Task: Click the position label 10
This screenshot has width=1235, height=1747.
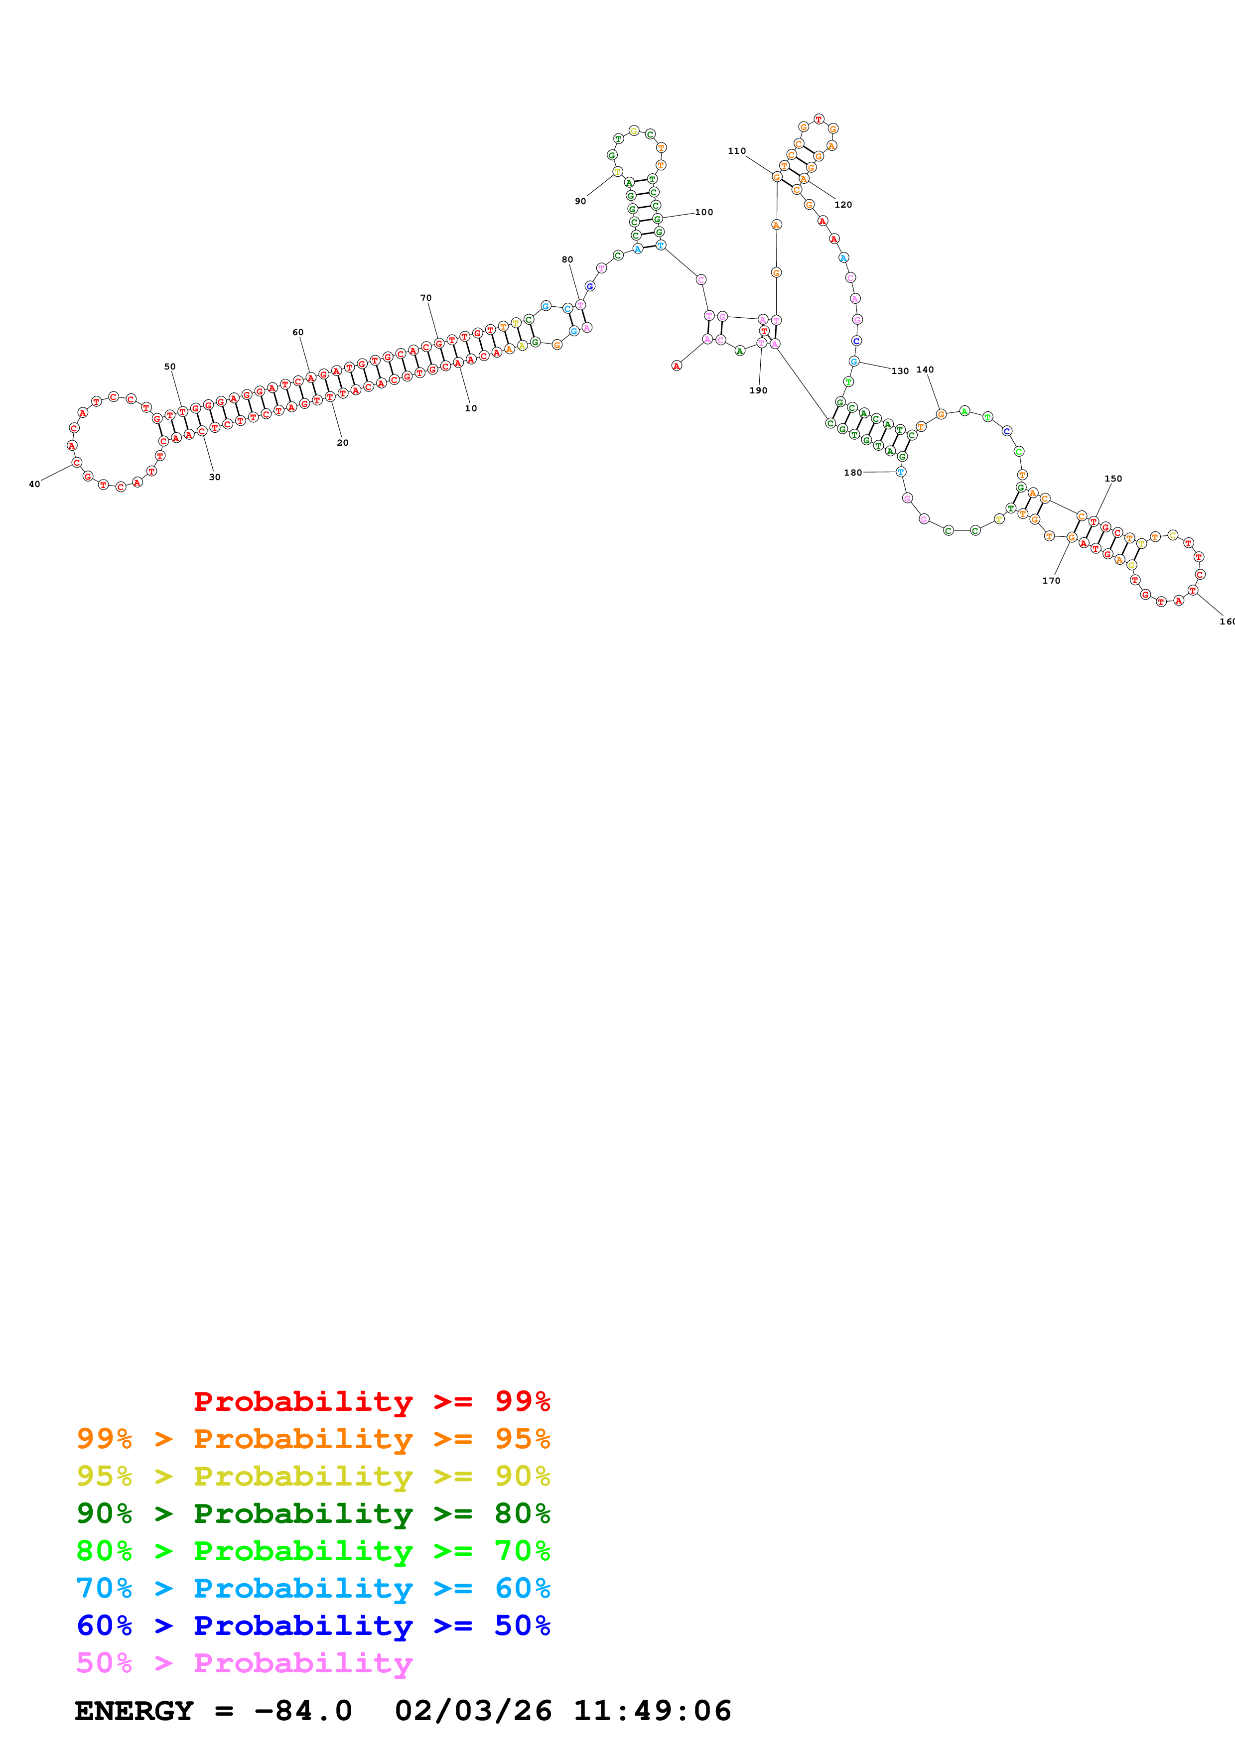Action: click(x=471, y=408)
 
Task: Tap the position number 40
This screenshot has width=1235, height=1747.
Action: click(x=34, y=484)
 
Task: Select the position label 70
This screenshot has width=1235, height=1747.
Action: click(x=426, y=298)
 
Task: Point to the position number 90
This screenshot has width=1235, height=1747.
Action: click(x=580, y=202)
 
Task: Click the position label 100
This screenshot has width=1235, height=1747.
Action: click(x=704, y=212)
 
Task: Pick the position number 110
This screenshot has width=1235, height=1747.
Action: click(x=737, y=151)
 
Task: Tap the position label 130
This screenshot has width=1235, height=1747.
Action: click(x=900, y=372)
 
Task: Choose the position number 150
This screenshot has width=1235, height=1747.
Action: click(x=1113, y=479)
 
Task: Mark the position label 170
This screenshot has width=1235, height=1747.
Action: click(x=1051, y=581)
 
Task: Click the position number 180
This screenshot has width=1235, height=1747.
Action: click(x=853, y=473)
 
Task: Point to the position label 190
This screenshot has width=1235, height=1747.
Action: click(x=759, y=390)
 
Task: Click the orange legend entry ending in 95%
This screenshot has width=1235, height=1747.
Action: click(x=313, y=1439)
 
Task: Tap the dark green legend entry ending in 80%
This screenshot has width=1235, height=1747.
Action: click(x=313, y=1513)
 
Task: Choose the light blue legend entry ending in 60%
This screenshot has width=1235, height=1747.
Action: click(x=313, y=1588)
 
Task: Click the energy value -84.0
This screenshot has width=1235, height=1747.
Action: click(x=303, y=1711)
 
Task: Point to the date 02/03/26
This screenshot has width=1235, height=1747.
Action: click(x=473, y=1711)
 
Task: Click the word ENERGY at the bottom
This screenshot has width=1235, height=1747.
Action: click(x=134, y=1711)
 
